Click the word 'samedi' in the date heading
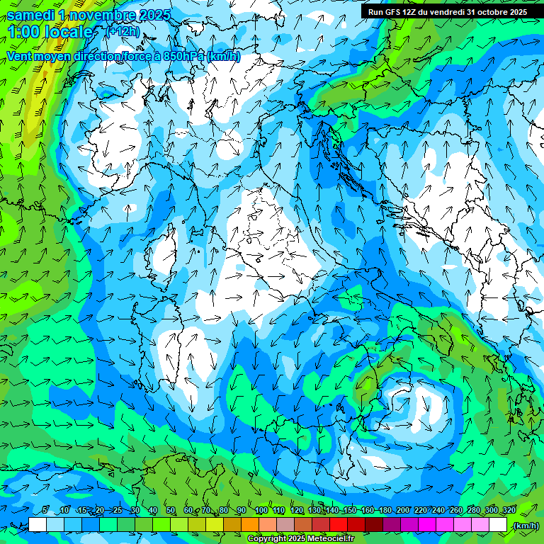coord(31,15)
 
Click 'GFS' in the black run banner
coord(393,12)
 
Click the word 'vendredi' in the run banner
coord(446,12)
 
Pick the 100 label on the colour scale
coord(261,511)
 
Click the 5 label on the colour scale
coord(45,511)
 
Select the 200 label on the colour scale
coord(403,511)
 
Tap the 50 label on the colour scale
coord(171,511)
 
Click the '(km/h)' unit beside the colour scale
coord(526,526)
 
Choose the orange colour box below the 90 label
coord(250,524)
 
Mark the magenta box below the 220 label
coord(427,524)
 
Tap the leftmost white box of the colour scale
coord(38,524)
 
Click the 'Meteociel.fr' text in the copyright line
coord(330,539)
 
